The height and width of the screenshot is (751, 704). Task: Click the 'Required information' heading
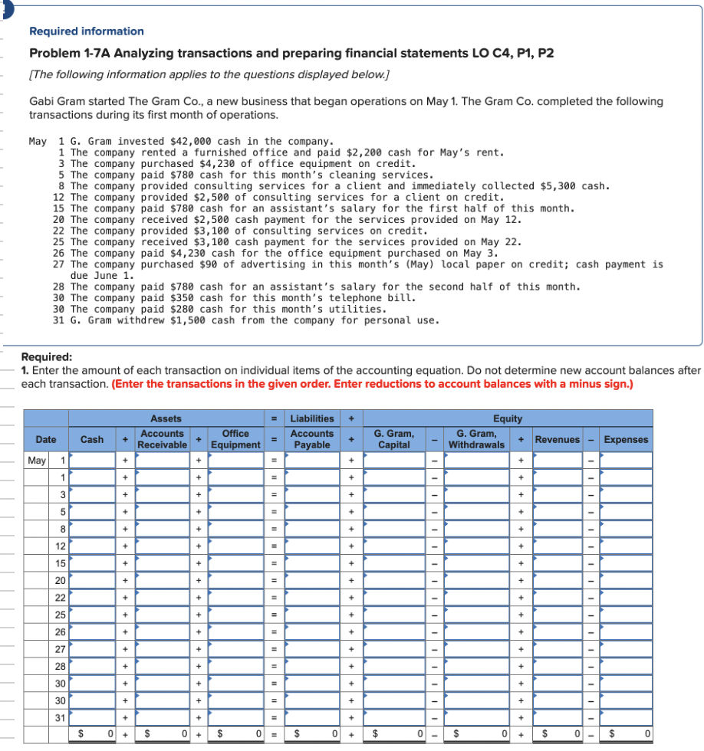pyautogui.click(x=86, y=31)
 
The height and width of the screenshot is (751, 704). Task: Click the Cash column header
pyautogui.click(x=92, y=439)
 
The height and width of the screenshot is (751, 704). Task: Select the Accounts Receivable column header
pyautogui.click(x=162, y=439)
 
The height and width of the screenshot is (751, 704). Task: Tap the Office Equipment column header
pyautogui.click(x=235, y=439)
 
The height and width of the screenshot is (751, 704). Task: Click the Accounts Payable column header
pyautogui.click(x=312, y=439)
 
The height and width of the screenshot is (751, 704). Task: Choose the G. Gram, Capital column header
pyautogui.click(x=393, y=439)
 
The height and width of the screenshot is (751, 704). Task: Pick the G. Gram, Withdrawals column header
pyautogui.click(x=476, y=439)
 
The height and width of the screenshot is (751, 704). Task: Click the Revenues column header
pyautogui.click(x=558, y=439)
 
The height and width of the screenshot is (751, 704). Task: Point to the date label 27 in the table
pyautogui.click(x=59, y=649)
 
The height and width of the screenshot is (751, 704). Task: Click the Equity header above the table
pyautogui.click(x=508, y=418)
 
